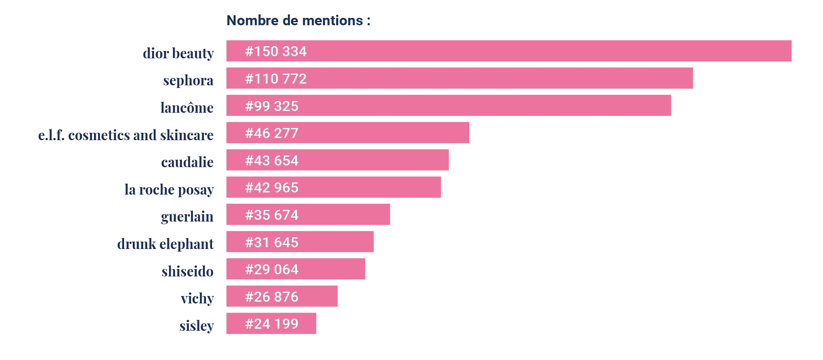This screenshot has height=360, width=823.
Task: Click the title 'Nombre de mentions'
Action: point(299,21)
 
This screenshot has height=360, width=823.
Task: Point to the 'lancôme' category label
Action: point(188,108)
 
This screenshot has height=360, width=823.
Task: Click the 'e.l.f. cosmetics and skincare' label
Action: point(127,136)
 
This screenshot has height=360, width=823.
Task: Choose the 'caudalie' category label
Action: point(188,161)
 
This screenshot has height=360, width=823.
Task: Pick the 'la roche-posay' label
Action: point(169,189)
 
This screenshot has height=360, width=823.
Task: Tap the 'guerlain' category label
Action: point(188,217)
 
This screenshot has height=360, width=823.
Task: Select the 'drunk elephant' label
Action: point(165,244)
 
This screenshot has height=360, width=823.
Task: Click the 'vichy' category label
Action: point(197,299)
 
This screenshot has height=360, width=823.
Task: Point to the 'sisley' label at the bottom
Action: point(196,325)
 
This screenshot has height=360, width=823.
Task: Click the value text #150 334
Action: point(276,51)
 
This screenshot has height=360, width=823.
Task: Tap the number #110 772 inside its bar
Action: point(276,79)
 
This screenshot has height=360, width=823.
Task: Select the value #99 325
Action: point(272,106)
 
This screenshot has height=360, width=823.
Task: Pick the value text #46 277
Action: point(272,133)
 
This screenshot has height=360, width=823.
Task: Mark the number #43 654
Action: point(272,161)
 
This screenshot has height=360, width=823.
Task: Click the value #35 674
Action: point(272,215)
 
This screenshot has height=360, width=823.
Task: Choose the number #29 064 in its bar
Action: point(272,269)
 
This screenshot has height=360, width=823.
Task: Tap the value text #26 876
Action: point(272,297)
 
